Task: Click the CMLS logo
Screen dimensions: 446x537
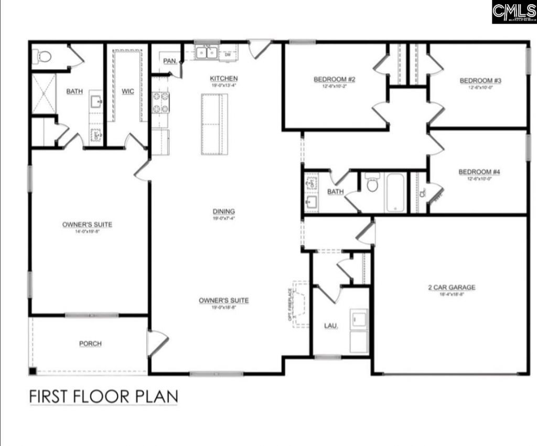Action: [513, 12]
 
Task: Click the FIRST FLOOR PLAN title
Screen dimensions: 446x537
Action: [103, 396]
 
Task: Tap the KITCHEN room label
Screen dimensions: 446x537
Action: [224, 78]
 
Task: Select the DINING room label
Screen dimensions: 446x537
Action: [224, 211]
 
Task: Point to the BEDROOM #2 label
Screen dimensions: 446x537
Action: [335, 79]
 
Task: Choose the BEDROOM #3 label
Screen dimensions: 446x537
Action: [480, 80]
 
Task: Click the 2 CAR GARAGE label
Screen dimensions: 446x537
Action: [452, 287]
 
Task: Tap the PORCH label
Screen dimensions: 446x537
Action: [90, 344]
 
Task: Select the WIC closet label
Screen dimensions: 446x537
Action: [127, 91]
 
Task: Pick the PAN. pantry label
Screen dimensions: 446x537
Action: [169, 61]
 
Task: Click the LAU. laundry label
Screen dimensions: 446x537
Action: [330, 326]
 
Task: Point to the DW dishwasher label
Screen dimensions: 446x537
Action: [228, 54]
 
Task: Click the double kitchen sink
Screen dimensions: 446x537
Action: [207, 52]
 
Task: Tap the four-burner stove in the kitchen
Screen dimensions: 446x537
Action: [160, 102]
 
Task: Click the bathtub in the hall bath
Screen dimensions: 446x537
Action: [395, 193]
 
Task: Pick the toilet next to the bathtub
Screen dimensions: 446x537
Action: [372, 184]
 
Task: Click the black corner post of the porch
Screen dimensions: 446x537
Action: [33, 371]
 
